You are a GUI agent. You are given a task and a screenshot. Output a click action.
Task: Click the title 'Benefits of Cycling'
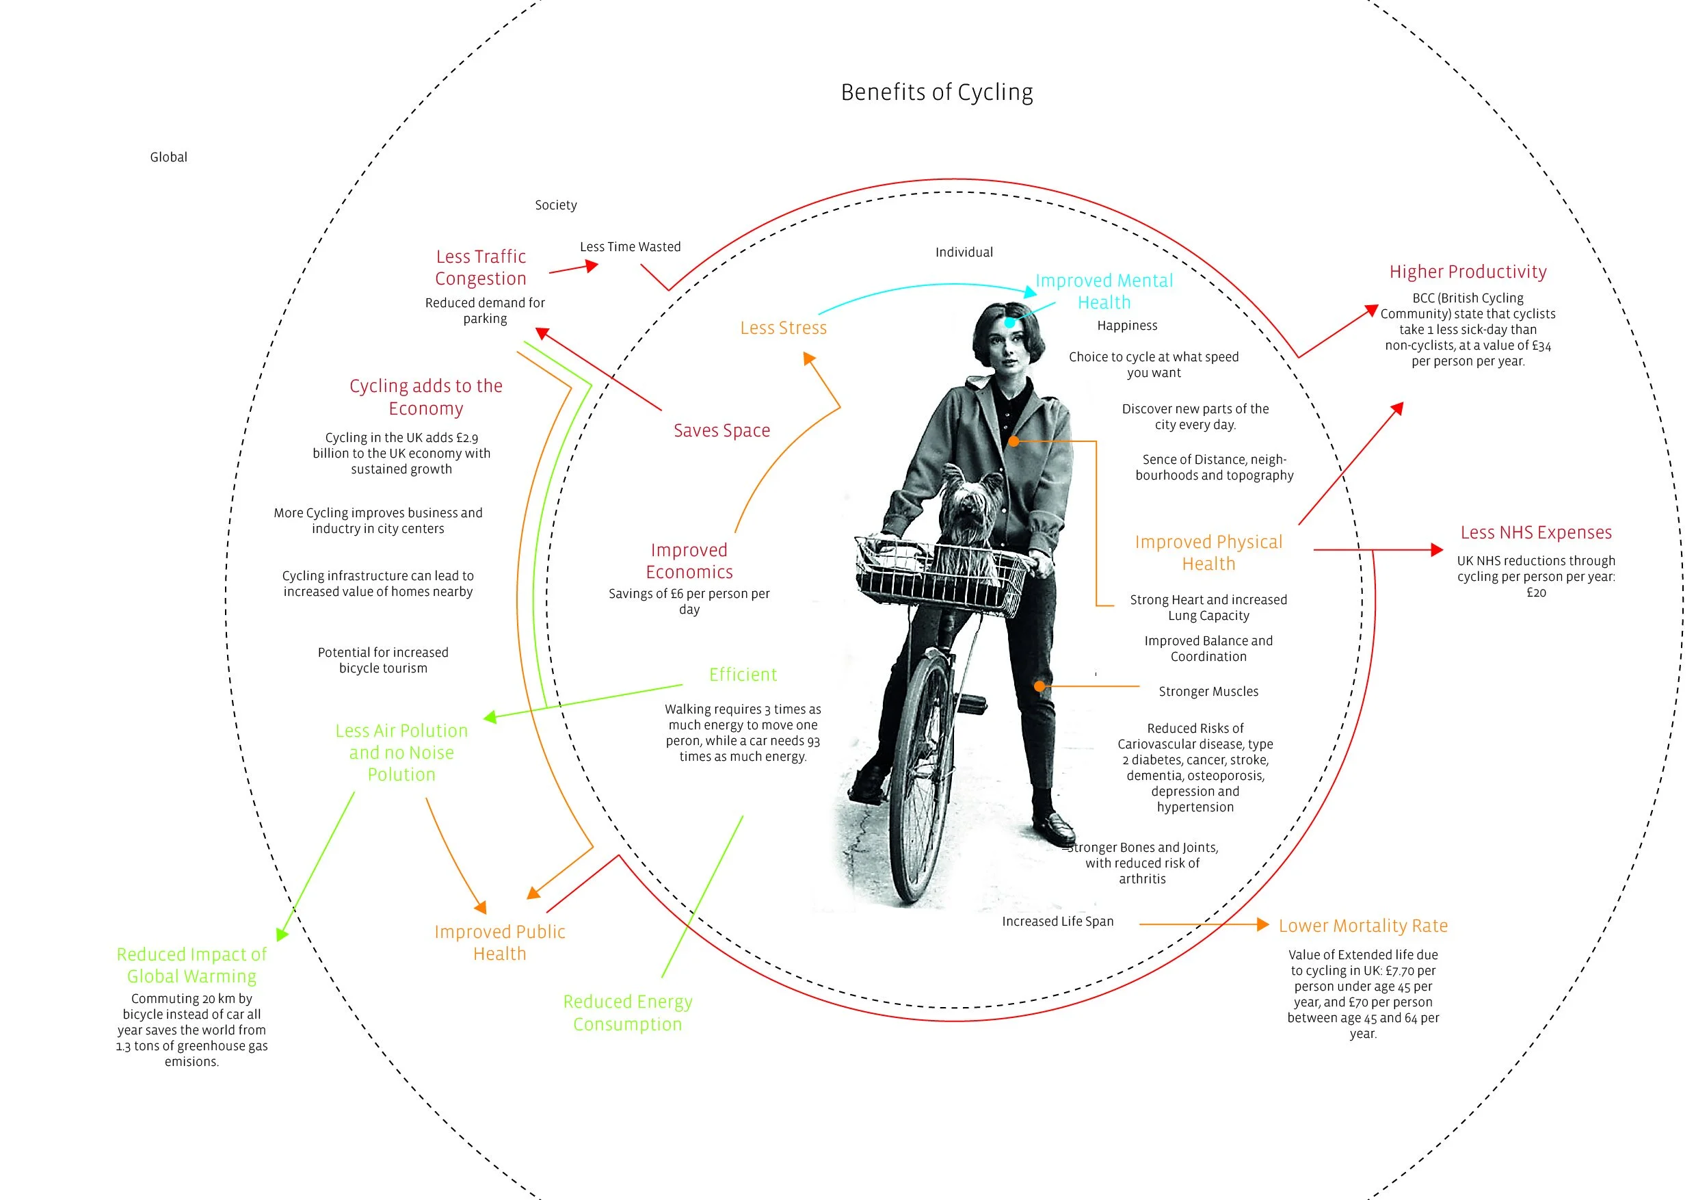(x=937, y=92)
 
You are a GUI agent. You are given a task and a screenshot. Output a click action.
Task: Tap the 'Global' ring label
(x=168, y=157)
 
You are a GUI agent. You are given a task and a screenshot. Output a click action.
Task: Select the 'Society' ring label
(x=555, y=205)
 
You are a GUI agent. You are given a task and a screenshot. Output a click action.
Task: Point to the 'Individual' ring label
(x=964, y=252)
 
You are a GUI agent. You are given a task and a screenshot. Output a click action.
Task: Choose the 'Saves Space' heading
(x=721, y=431)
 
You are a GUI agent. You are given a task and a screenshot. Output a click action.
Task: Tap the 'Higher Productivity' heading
(x=1468, y=272)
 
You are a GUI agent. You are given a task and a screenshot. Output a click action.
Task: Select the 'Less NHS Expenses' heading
(x=1536, y=533)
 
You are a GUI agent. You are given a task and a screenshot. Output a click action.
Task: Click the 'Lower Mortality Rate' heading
(x=1363, y=926)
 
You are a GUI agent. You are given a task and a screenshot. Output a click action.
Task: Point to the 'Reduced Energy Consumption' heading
(x=627, y=1013)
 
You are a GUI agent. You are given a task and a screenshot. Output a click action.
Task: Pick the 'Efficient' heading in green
(x=743, y=675)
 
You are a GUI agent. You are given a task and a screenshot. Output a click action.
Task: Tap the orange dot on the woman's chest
(x=1014, y=441)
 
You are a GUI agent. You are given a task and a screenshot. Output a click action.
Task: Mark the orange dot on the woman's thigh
(x=1039, y=686)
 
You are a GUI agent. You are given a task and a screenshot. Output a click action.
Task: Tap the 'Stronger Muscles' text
(x=1208, y=692)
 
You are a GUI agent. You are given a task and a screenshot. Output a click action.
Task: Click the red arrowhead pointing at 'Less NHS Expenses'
(x=1436, y=550)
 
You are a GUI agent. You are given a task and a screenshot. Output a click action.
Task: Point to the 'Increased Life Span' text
(x=1057, y=922)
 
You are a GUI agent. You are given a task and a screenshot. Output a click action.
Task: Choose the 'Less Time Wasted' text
(x=630, y=247)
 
